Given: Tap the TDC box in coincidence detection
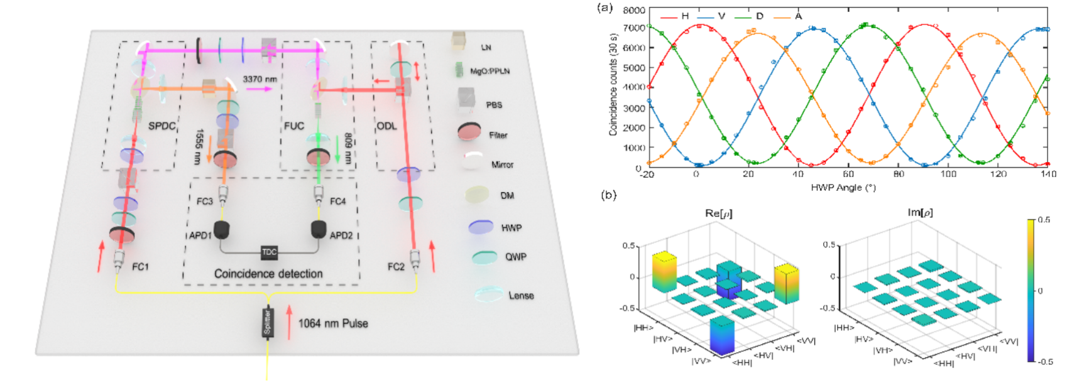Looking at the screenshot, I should click(x=269, y=252).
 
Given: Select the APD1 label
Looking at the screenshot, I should click(x=200, y=235).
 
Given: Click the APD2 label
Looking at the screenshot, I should click(x=341, y=235).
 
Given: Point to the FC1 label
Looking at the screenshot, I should click(x=140, y=267).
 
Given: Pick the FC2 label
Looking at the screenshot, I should click(x=396, y=267).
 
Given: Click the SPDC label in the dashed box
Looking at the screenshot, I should click(x=161, y=126).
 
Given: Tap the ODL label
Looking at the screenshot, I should click(x=386, y=126).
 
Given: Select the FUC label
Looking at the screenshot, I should click(x=293, y=126).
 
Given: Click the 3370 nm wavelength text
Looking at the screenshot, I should click(x=260, y=79).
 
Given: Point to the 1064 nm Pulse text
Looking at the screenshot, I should click(x=333, y=323).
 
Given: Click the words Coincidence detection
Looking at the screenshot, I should click(x=268, y=274).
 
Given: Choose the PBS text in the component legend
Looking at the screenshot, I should click(x=494, y=105).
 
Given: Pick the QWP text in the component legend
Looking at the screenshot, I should click(x=516, y=257).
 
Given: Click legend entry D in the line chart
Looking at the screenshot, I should click(x=759, y=16).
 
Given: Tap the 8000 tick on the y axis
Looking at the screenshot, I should click(x=634, y=10).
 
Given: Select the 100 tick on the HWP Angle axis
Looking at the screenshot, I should click(x=948, y=174).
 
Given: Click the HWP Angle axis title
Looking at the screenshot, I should click(x=843, y=187).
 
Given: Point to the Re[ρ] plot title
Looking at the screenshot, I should click(x=718, y=213).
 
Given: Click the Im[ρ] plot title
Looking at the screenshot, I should click(x=920, y=213).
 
